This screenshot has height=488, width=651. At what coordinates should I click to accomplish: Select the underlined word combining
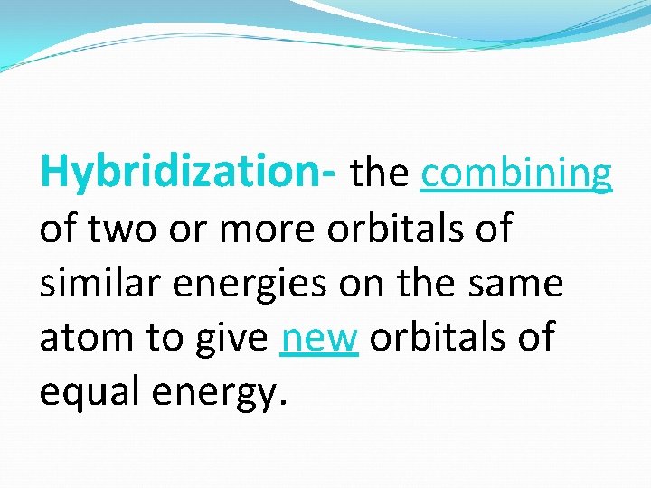click(x=516, y=174)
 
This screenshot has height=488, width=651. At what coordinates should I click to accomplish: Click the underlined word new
click(x=320, y=340)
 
